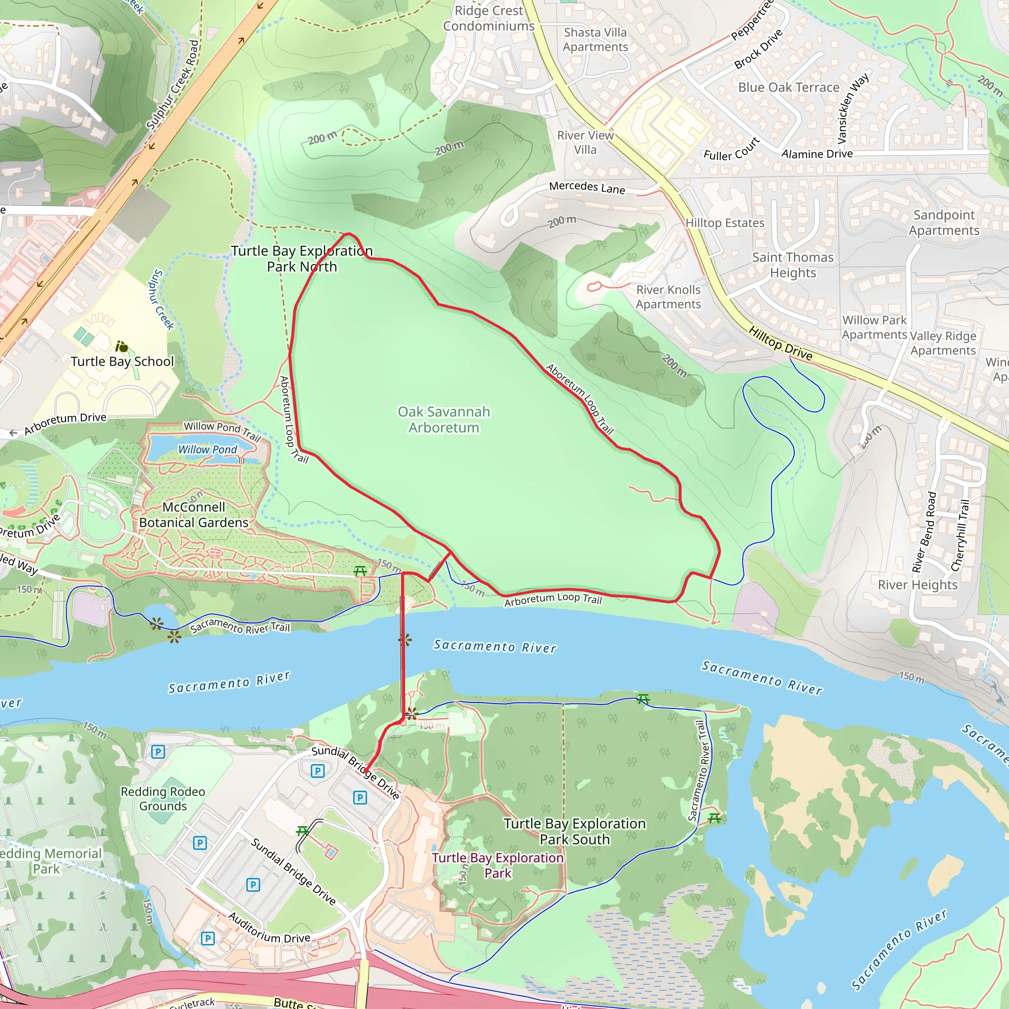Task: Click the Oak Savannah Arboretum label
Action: click(443, 419)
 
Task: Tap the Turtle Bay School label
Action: click(122, 362)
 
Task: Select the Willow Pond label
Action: click(207, 449)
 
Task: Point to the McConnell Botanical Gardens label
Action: click(194, 514)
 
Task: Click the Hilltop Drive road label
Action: click(780, 343)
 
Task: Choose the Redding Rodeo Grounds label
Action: click(163, 799)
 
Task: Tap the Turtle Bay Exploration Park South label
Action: click(574, 832)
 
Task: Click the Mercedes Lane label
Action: click(586, 188)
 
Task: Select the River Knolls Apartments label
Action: click(668, 297)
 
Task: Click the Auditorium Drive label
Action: click(269, 928)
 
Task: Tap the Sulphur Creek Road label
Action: click(172, 85)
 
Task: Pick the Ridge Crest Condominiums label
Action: click(488, 18)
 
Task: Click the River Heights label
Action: click(917, 584)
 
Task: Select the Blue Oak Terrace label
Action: click(789, 87)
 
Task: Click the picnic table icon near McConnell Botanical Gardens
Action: click(360, 571)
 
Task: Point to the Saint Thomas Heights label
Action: click(793, 265)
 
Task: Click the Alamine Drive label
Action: click(817, 154)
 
